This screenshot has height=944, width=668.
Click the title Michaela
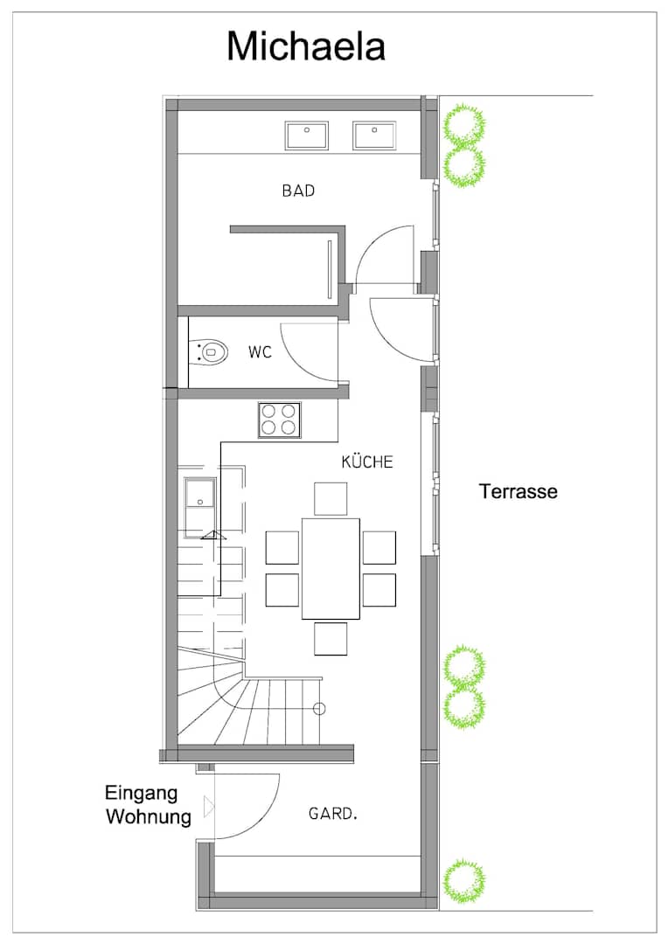[306, 46]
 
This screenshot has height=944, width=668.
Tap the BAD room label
[298, 191]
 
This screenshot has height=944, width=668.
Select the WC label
[260, 351]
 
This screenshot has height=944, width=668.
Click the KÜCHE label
[367, 462]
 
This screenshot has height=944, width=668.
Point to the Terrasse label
[518, 491]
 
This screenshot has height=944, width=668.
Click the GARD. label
[333, 814]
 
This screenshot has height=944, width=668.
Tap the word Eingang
[141, 794]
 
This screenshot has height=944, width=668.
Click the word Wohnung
[148, 817]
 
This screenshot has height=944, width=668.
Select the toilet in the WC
[209, 351]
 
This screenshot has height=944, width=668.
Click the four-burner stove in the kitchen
[280, 420]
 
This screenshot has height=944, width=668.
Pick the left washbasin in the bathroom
[307, 135]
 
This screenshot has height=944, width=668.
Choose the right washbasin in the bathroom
[375, 135]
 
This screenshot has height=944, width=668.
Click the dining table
[331, 568]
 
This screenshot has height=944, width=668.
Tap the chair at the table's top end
[331, 498]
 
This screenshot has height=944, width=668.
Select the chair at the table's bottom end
[331, 638]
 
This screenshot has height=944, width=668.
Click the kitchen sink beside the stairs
[200, 494]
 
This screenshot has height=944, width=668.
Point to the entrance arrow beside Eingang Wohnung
[209, 806]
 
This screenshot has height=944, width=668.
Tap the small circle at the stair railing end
[319, 708]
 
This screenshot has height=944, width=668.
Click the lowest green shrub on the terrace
[463, 881]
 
